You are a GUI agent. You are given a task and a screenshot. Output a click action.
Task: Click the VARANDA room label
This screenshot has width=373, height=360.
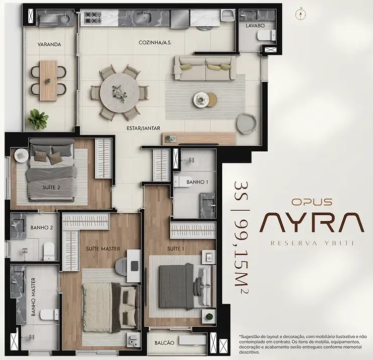click(49, 44)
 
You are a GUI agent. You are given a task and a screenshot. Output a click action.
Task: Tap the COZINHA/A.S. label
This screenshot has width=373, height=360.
click(155, 42)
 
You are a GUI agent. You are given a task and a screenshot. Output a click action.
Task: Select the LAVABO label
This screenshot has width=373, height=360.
click(255, 25)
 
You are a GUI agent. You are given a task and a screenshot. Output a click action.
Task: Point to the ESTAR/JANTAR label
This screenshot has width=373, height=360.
click(143, 128)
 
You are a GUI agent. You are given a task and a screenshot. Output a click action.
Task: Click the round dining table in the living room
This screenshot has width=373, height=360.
click(119, 91)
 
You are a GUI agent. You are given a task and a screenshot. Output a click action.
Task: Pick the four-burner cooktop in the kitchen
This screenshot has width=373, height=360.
click(93, 17)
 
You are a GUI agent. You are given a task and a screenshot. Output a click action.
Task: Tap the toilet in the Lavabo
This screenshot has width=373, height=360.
click(267, 36)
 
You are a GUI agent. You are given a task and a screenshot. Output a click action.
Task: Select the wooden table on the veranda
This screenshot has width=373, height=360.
click(48, 81)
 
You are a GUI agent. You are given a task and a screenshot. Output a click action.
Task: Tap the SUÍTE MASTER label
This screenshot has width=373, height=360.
click(103, 249)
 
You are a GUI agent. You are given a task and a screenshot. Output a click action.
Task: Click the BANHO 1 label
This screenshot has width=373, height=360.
click(197, 182)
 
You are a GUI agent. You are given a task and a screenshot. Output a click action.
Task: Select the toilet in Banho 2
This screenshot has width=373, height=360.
click(49, 251)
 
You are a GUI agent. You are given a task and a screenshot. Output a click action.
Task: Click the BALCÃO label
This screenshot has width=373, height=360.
click(164, 343)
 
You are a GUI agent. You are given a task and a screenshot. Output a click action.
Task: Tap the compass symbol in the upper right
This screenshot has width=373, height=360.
click(301, 14)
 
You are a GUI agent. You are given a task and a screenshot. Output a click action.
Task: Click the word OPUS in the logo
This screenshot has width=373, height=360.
click(312, 202)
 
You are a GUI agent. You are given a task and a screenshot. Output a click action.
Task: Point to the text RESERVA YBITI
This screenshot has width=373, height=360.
click(312, 243)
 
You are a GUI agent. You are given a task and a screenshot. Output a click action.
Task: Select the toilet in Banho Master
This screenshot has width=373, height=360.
click(49, 315)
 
